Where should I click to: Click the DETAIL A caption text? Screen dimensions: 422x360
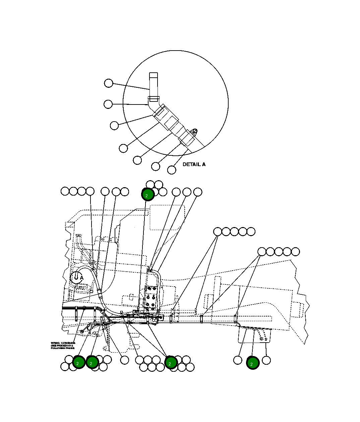(x=194, y=164)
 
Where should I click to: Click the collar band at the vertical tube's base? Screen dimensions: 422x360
(x=154, y=99)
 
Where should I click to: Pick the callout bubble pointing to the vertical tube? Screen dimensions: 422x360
(x=109, y=83)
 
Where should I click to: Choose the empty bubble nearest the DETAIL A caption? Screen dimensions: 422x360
(x=172, y=170)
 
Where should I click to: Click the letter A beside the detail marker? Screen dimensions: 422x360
(x=82, y=278)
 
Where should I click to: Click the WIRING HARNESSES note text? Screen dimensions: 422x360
(x=63, y=346)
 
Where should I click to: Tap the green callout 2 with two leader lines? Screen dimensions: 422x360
(x=171, y=363)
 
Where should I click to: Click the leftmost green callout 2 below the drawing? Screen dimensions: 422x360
(x=78, y=363)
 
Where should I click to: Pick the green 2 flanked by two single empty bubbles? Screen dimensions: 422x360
(x=252, y=363)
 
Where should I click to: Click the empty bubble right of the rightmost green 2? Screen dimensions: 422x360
(x=266, y=360)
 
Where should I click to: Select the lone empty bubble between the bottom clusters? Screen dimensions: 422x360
(x=124, y=360)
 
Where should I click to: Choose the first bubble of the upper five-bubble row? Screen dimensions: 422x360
(x=218, y=231)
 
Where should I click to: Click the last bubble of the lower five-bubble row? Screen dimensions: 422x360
(x=295, y=252)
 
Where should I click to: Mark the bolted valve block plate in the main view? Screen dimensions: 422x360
(x=150, y=296)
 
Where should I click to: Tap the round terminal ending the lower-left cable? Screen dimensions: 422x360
(x=82, y=332)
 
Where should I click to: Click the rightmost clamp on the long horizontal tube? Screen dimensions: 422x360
(x=235, y=319)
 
